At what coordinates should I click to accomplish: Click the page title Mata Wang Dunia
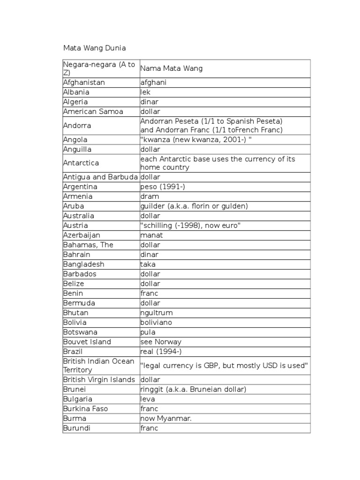point(94,48)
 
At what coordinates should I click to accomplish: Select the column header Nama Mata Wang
point(171,68)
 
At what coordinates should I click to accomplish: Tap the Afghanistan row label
point(84,82)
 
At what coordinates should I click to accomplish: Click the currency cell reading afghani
point(153,82)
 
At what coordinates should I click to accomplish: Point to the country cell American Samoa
point(93,112)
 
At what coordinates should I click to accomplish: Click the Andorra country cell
point(77,126)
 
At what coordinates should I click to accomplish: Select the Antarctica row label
point(81,163)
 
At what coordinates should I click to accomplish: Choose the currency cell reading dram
point(150,196)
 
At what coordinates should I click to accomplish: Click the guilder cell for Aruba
point(194,206)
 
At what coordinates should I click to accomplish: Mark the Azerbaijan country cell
point(82,235)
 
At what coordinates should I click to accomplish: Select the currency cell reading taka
point(148,264)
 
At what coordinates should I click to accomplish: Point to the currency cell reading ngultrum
point(157,313)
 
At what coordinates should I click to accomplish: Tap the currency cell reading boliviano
point(156,322)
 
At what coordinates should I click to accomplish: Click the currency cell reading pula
point(148,332)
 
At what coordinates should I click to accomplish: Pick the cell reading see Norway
point(161,342)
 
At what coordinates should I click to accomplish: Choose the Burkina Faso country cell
point(85,409)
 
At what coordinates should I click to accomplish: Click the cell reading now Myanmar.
point(166,419)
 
